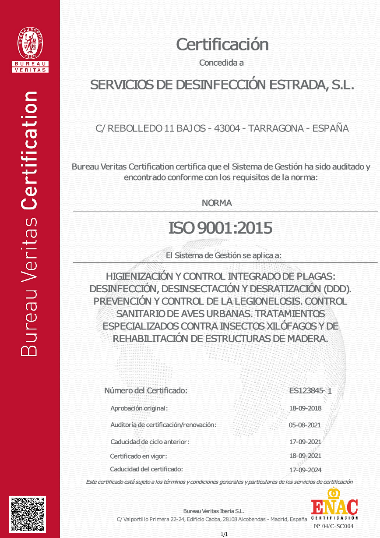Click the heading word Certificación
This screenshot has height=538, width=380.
(222, 44)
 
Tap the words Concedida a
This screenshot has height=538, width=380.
(221, 63)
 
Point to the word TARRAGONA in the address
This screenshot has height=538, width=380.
(275, 128)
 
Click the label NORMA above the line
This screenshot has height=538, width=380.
(217, 203)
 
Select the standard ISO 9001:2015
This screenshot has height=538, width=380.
(221, 228)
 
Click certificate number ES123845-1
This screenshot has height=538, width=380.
(310, 391)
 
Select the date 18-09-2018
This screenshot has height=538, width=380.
(306, 408)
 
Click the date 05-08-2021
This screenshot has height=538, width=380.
(305, 425)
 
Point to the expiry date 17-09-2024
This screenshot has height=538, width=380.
(306, 470)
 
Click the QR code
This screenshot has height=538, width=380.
(28, 514)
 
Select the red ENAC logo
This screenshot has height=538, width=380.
(334, 507)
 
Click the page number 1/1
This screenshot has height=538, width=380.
(224, 534)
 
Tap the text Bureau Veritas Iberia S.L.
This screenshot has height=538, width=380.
(214, 511)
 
